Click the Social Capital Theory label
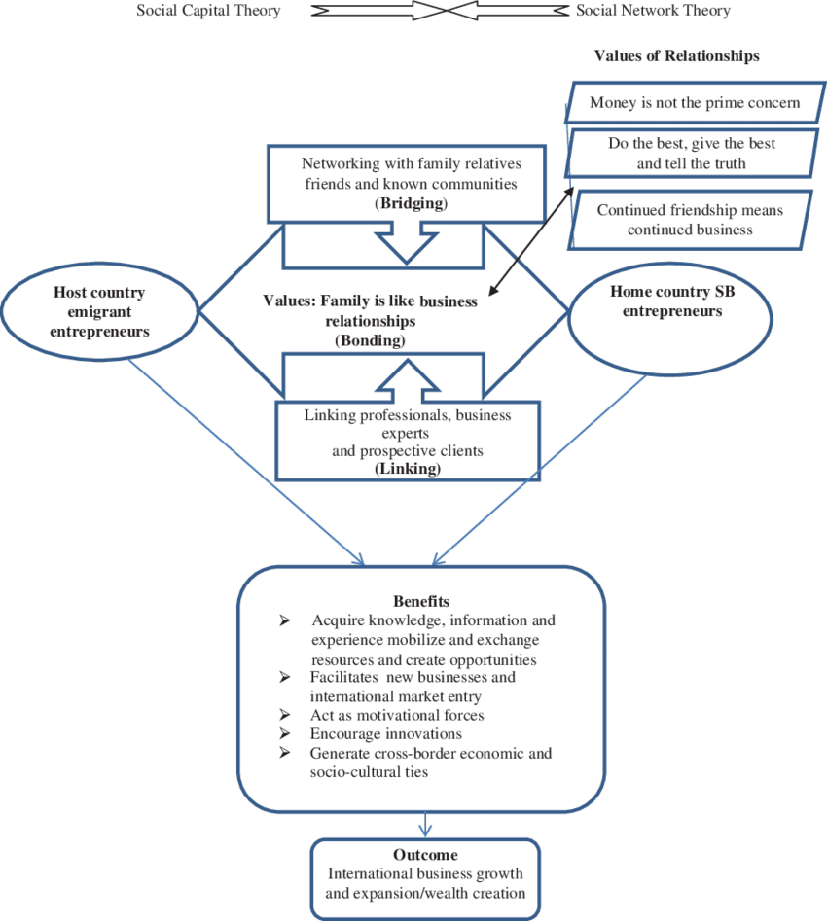click(x=209, y=12)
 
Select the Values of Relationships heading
click(x=676, y=56)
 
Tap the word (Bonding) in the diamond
click(x=373, y=340)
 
